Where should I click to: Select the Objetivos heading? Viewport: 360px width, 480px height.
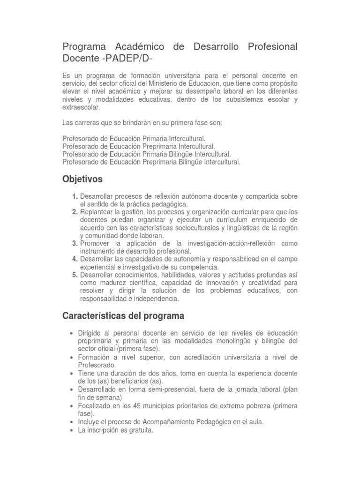[x=82, y=179]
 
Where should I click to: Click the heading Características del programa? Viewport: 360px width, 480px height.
[x=123, y=315]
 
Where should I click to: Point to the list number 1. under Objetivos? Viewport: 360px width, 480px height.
[x=75, y=196]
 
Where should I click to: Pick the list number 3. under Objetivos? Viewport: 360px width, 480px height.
[x=75, y=243]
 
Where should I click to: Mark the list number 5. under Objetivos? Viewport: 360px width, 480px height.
[x=75, y=275]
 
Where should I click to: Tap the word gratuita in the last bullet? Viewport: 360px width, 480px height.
[x=140, y=430]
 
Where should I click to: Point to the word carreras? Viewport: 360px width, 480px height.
[x=88, y=123]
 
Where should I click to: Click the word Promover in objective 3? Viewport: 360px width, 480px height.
[x=95, y=243]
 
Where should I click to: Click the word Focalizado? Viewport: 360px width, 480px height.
[x=95, y=405]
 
